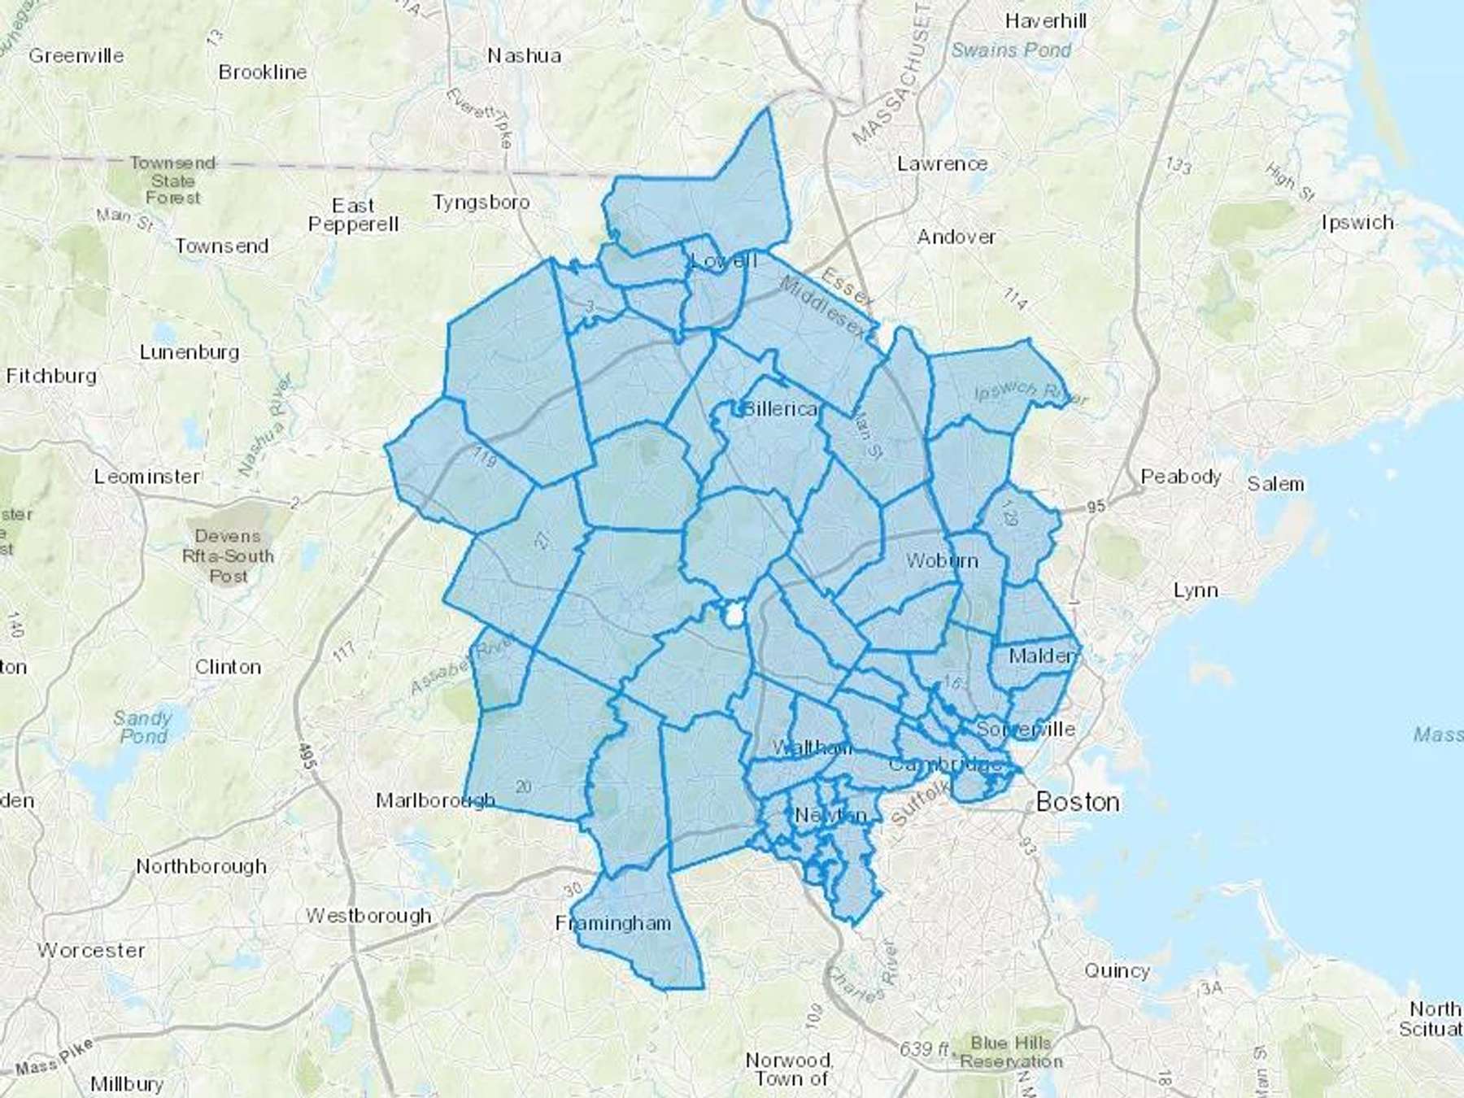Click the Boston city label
point(1078,802)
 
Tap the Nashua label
point(524,55)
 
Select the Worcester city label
point(91,950)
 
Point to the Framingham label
point(613,923)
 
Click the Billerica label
point(779,408)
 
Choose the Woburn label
point(942,560)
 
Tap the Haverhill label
point(1045,20)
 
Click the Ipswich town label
point(1357,222)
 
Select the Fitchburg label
point(51,376)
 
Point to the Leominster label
point(146,477)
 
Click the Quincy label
point(1117,970)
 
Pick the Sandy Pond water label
point(143,727)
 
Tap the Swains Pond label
point(1011,50)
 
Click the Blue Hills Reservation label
point(1011,1052)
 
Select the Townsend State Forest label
point(172,180)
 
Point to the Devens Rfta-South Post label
point(228,556)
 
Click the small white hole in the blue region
point(734,616)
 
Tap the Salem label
point(1275,484)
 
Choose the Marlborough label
point(435,800)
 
